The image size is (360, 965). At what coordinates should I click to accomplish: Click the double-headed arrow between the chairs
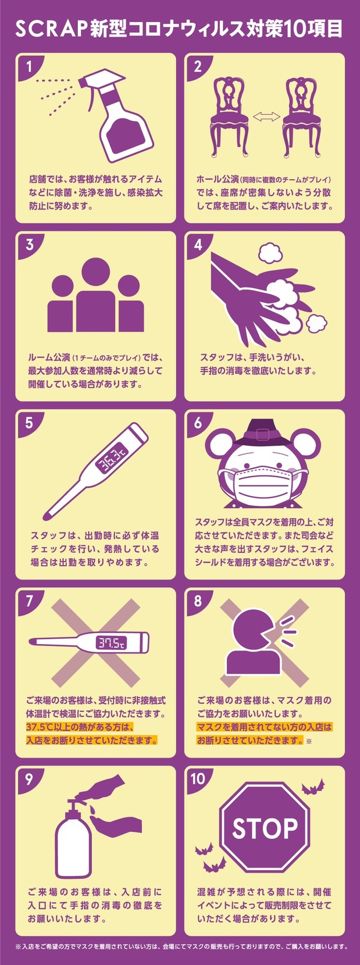266,116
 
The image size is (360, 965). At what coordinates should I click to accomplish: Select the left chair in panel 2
229,117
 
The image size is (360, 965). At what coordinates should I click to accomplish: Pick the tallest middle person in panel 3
96,295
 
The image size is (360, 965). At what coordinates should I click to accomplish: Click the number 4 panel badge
198,245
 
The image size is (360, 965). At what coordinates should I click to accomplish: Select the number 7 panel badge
29,601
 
